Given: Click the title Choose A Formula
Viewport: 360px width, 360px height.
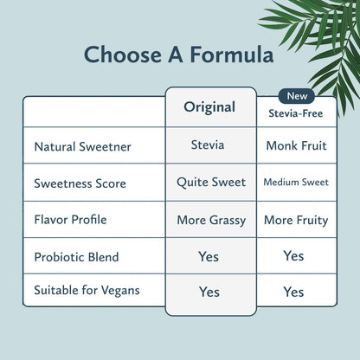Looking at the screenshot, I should point(179,55).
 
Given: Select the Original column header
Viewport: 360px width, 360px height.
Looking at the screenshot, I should point(209,107).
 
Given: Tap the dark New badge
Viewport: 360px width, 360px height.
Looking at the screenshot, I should point(296,96).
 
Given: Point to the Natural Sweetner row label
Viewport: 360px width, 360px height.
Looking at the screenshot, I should point(82,147).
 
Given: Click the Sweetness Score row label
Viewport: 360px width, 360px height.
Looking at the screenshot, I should point(80,183).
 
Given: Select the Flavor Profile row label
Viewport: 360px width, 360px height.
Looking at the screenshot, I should point(70,220).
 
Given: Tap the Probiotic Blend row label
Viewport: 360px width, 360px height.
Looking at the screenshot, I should point(76,257).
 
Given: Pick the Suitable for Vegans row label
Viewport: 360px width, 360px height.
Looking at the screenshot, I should point(87,291).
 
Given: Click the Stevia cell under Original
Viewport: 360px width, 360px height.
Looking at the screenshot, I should point(208,145).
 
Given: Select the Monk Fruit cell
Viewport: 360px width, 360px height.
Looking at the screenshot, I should point(296,146).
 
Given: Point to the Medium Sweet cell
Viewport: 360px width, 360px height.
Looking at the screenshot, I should point(296,183).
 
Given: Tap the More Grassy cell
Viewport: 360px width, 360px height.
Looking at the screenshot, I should point(211,220).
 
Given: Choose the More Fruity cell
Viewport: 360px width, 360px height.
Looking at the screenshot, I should point(296,220).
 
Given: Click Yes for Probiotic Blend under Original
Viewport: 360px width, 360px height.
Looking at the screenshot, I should point(209,257).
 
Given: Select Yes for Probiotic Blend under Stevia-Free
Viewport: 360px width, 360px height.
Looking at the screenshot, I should point(293,256).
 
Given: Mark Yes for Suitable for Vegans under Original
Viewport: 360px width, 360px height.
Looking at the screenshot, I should point(209,292).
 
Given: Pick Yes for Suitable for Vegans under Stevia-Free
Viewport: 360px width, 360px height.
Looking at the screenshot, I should point(293,292).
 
